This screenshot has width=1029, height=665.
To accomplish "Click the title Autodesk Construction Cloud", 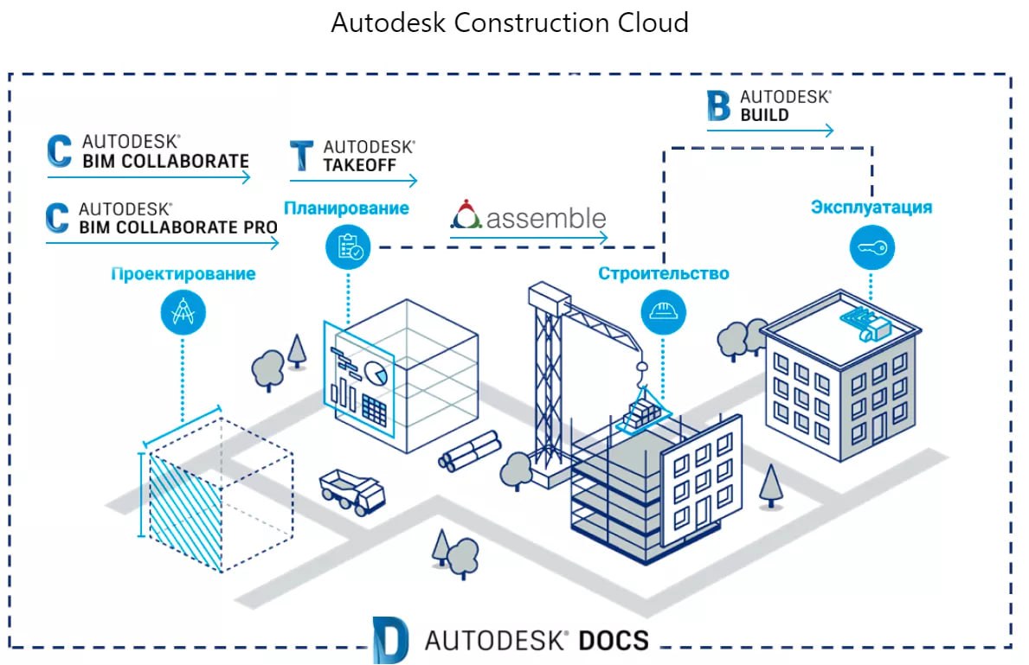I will click(510, 22).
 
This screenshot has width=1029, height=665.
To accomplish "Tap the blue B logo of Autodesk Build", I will click(719, 105).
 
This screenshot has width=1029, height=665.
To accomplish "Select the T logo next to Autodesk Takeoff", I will click(302, 155).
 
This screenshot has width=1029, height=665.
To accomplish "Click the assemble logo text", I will click(545, 217).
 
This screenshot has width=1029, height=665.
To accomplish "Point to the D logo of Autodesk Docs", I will click(390, 640).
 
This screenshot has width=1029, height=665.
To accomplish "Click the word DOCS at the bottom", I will click(614, 641).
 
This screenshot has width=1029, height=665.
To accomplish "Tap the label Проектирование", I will click(183, 274).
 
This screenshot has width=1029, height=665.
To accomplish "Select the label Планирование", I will click(346, 208).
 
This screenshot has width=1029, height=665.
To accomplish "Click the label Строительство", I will click(664, 274).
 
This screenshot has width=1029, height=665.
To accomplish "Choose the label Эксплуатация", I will click(871, 208).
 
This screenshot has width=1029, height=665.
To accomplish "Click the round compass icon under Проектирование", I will click(183, 313).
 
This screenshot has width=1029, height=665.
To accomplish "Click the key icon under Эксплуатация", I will click(871, 247).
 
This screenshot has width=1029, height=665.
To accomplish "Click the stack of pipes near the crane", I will click(470, 450).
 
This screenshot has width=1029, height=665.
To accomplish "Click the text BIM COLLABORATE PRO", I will click(178, 227).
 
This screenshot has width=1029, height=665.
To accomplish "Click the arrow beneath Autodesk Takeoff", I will click(353, 181).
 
